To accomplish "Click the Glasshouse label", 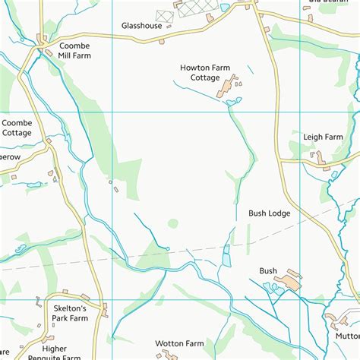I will click(x=141, y=25).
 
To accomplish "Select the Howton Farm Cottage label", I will click(x=205, y=72).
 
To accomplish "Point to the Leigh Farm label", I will click(x=324, y=137).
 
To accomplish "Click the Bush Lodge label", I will click(x=269, y=213).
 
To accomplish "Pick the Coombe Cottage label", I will click(x=17, y=128).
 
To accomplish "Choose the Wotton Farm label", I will click(x=180, y=343).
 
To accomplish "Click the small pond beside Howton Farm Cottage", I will click(x=234, y=100).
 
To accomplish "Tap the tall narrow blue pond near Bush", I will click(x=226, y=256).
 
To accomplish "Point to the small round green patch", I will click(x=173, y=224).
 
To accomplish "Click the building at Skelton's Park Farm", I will click(x=104, y=309).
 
